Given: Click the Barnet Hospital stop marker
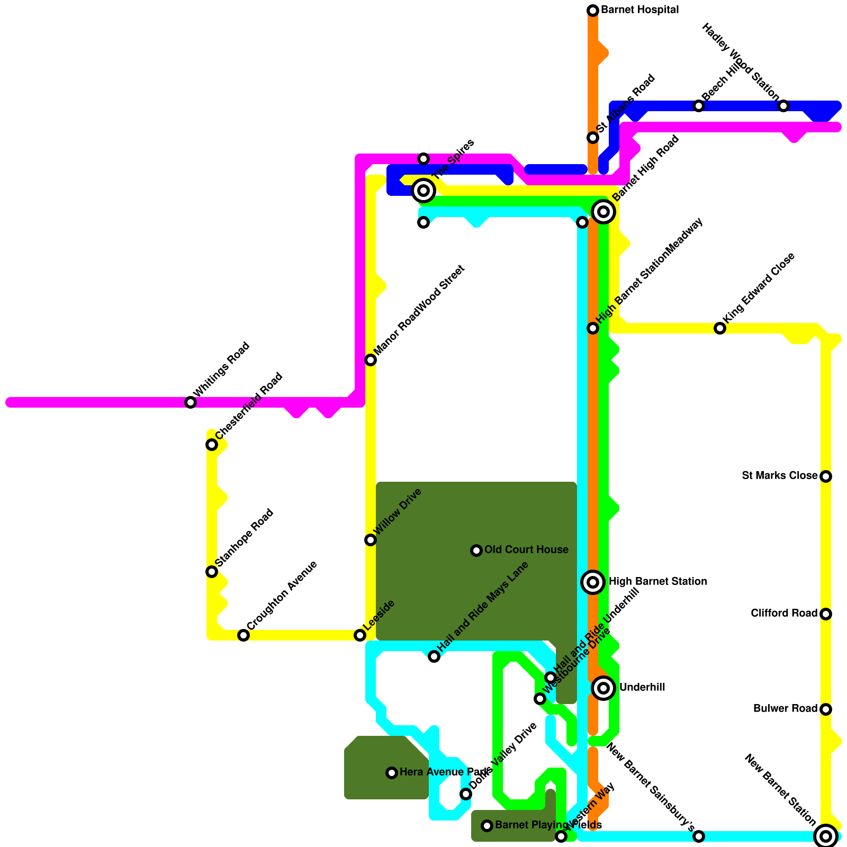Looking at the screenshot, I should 593,11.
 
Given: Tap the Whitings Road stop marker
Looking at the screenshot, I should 191,402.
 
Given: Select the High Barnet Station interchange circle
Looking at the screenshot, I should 593,582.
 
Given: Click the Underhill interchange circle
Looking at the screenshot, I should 603,688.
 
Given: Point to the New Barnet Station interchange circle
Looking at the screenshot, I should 826,836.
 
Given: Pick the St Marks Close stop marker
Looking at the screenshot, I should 826,476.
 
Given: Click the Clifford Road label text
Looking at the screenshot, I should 784,614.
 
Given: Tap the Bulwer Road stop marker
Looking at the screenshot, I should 826,709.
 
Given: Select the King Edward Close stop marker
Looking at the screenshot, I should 720,328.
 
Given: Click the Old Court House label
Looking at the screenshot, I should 526,550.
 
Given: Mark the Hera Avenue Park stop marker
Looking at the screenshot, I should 392,773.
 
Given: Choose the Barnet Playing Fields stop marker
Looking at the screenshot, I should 487,826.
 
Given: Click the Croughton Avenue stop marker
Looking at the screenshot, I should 244,635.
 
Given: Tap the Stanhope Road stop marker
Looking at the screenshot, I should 212,572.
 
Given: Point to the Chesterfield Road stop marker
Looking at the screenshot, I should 212,445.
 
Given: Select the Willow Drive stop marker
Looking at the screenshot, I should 371,540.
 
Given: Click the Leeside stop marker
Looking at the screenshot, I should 360,635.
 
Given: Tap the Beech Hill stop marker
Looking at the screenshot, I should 699,106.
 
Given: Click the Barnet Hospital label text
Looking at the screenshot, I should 639,10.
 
